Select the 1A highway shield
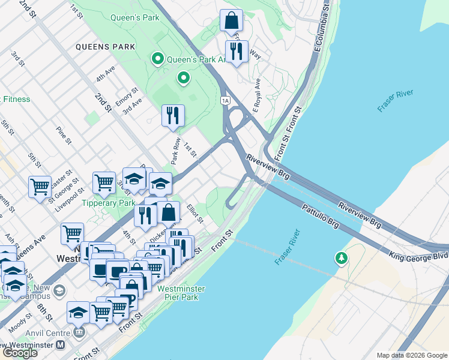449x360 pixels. [x=225, y=99]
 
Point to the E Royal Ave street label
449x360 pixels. [x=256, y=95]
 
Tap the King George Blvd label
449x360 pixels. [x=419, y=256]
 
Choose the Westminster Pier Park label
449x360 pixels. [x=181, y=293]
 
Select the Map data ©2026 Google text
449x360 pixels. [x=411, y=355]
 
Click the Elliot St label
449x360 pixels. [x=195, y=214]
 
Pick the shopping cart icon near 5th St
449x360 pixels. [x=40, y=186]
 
